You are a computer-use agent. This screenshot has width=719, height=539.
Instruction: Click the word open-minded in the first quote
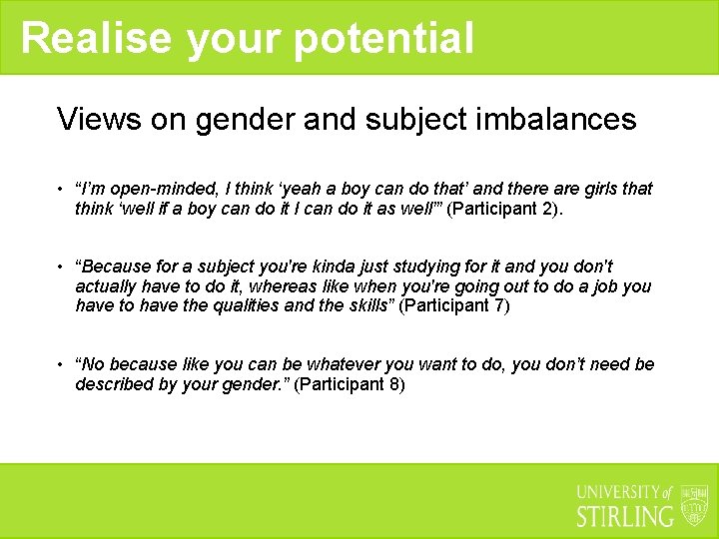[x=155, y=189]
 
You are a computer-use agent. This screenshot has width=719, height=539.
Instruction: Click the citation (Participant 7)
[x=454, y=306]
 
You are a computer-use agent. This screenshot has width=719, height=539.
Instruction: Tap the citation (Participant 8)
[x=350, y=384]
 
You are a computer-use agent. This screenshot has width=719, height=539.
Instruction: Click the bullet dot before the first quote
[x=61, y=190]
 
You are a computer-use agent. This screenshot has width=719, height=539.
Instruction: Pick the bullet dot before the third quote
[x=61, y=365]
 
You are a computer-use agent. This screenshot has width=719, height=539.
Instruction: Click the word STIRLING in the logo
[x=625, y=516]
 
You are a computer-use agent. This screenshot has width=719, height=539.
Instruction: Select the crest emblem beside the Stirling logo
[x=694, y=505]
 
